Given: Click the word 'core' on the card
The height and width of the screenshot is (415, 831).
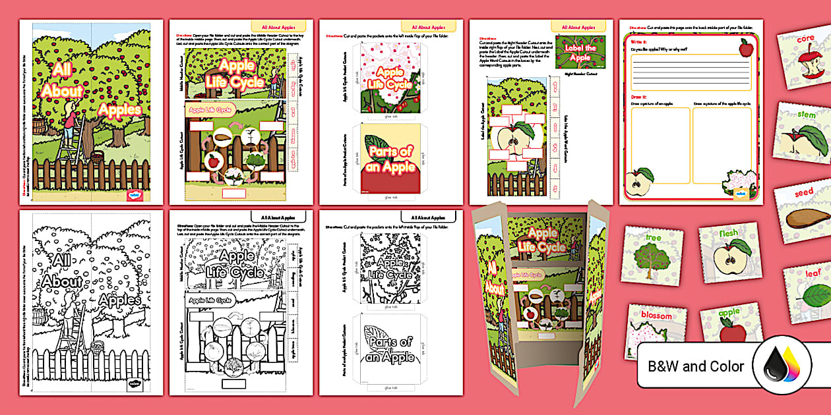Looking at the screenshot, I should point(806,38).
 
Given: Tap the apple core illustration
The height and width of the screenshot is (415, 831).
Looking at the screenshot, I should point(804,67).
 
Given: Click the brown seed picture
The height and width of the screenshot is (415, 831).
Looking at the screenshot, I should point(806,217).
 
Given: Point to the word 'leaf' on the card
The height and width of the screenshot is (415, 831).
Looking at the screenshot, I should point(813,272).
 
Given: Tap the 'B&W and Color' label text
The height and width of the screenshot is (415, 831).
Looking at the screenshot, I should point(695,366).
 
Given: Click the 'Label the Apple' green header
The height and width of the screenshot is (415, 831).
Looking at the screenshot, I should point(580,52).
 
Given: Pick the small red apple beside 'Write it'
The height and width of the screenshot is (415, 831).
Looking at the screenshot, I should point(746,47).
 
